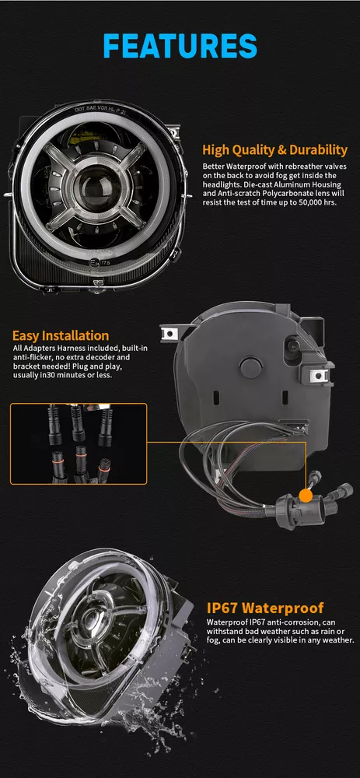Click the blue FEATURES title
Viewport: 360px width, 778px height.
click(x=180, y=46)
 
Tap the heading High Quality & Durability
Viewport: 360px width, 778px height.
click(x=274, y=150)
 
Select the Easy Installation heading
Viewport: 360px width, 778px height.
click(x=61, y=336)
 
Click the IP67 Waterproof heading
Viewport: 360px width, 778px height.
click(x=265, y=608)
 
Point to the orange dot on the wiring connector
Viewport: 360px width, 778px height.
click(x=306, y=495)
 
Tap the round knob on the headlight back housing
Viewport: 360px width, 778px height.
click(x=251, y=366)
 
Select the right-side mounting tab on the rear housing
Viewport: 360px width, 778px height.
click(x=320, y=375)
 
